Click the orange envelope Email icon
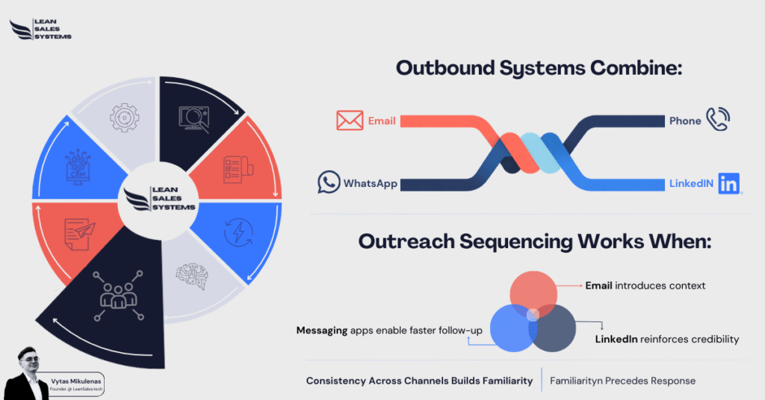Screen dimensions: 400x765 pos(349,120)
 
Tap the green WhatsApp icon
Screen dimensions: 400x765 pos(329,182)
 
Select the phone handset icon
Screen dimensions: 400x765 pos(718,119)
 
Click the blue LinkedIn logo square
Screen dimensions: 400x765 pos(729,183)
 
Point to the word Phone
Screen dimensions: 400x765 pos(685,120)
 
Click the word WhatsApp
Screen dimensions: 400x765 pos(371,183)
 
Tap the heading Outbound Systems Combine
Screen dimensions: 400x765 pos(540,68)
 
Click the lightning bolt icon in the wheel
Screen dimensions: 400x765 pos(238,232)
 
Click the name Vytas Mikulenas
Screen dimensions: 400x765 pos(72,379)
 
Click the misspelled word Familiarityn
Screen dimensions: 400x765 pos(577,381)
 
